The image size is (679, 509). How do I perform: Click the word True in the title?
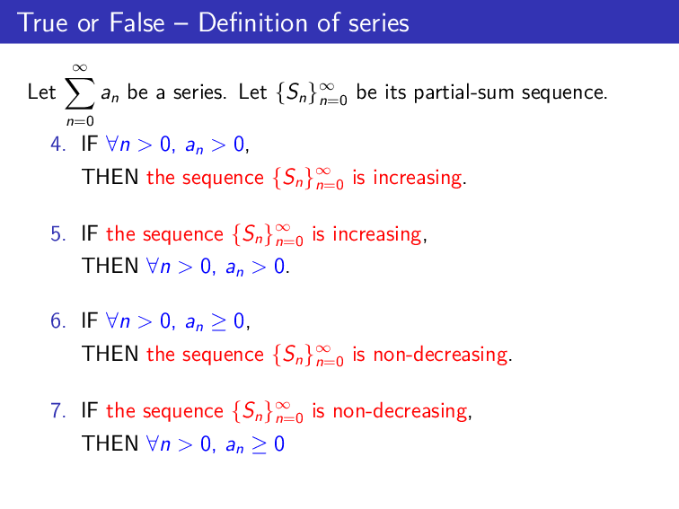[41, 22]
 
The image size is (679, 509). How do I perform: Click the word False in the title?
[137, 22]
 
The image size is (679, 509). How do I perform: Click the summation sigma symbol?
[79, 92]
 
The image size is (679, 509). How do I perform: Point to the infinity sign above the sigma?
[79, 66]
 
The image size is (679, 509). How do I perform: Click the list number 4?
[57, 144]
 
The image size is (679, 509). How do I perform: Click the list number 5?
[57, 235]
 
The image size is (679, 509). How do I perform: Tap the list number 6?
[57, 320]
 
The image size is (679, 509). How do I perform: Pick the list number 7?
[57, 412]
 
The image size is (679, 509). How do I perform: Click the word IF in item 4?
[89, 144]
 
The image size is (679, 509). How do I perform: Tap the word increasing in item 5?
[377, 235]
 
